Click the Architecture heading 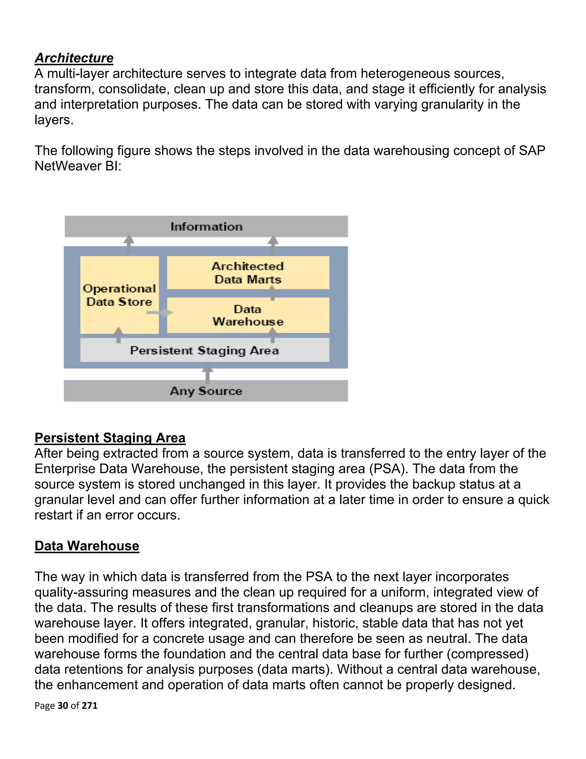[x=74, y=58]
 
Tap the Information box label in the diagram [x=206, y=227]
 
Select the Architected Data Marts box [x=248, y=272]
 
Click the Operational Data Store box [x=119, y=295]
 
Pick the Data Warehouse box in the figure [x=248, y=315]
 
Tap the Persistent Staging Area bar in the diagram [x=205, y=350]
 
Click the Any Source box [x=206, y=391]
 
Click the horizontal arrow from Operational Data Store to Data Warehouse [x=159, y=312]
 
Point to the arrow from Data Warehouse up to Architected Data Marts [x=272, y=293]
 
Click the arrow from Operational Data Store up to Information [x=129, y=243]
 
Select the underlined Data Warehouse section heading [x=87, y=546]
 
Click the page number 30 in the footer [x=63, y=705]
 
